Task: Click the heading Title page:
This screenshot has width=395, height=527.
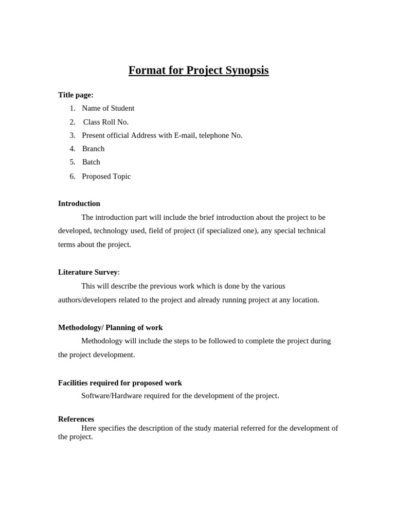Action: [76, 95]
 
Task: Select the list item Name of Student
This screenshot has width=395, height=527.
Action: [108, 108]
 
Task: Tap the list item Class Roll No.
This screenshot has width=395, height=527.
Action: [106, 122]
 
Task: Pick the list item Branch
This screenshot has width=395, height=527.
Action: [93, 149]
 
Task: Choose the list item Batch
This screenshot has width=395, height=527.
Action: [91, 162]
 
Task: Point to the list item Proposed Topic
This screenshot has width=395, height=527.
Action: [106, 176]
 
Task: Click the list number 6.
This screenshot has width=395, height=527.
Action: [73, 176]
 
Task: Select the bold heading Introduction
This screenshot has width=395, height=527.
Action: [79, 203]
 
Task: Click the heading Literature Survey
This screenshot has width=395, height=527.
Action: [88, 272]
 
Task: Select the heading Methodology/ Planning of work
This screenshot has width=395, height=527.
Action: [110, 327]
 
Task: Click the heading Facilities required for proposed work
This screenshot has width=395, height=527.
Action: [120, 383]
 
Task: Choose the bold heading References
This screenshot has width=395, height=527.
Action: [76, 419]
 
